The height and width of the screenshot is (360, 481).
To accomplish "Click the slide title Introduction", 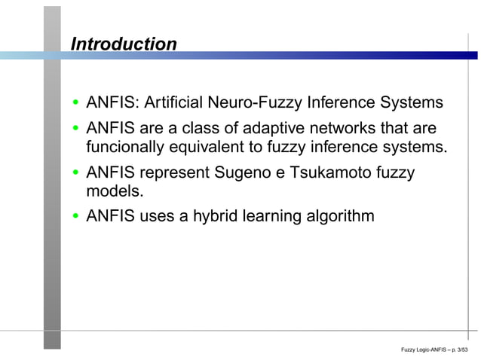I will tap(124, 44).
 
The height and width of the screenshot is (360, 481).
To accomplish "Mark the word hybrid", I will tap(214, 217).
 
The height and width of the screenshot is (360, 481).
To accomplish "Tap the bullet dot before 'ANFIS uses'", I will tap(76, 218).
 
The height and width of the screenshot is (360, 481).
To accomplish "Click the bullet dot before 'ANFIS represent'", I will tap(76, 173).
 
